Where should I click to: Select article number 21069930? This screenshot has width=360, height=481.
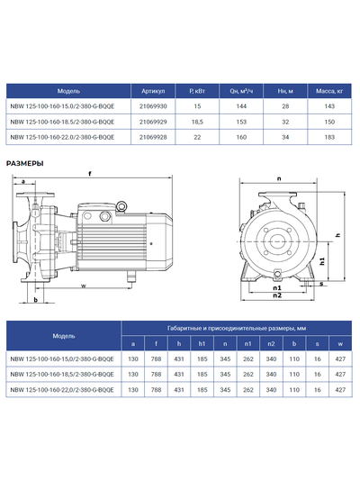pyautogui.click(x=155, y=106)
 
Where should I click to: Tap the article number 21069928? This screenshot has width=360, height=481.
pyautogui.click(x=155, y=137)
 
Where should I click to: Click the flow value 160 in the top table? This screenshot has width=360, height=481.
pyautogui.click(x=240, y=137)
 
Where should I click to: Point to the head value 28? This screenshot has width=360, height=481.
pyautogui.click(x=283, y=106)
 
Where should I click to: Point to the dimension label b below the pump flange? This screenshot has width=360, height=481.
pyautogui.click(x=34, y=301)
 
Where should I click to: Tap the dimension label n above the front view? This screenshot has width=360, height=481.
pyautogui.click(x=277, y=177)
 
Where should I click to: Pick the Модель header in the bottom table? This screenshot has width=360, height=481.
pyautogui.click(x=64, y=335)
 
